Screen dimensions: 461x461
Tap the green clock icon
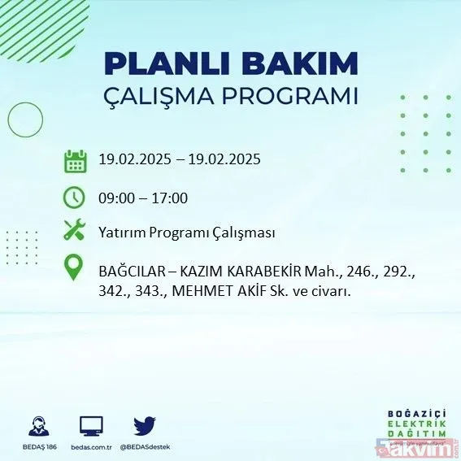click(75, 198)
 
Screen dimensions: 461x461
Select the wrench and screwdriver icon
click(75, 232)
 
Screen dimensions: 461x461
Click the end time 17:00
click(172, 197)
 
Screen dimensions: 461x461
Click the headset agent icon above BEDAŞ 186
click(37, 426)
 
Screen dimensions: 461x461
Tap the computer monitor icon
click(91, 425)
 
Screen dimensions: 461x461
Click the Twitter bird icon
click(145, 425)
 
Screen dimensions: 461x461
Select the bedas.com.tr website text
click(91, 447)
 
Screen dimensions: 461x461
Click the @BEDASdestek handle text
click(145, 447)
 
